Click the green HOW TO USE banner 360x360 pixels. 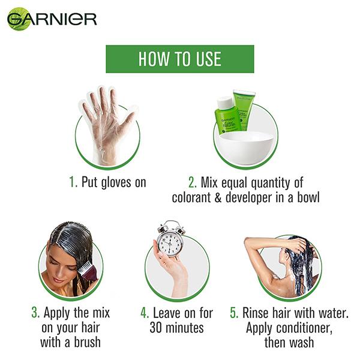(x=179, y=59)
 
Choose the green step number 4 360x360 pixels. (x=145, y=313)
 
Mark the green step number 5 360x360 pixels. (x=233, y=313)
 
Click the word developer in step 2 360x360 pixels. (x=250, y=197)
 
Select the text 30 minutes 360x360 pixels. (x=176, y=328)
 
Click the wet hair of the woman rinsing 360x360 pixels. (x=298, y=264)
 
